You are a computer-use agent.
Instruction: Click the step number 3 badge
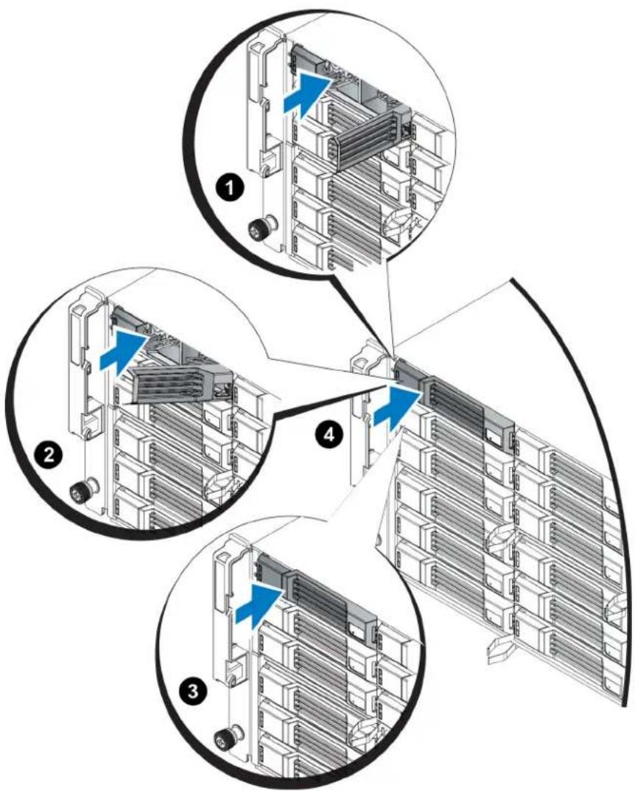point(193,690)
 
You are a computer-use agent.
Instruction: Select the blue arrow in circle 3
point(258,606)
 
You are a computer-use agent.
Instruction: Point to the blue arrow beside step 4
point(397,407)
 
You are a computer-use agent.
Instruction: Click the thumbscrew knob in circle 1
point(262,227)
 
